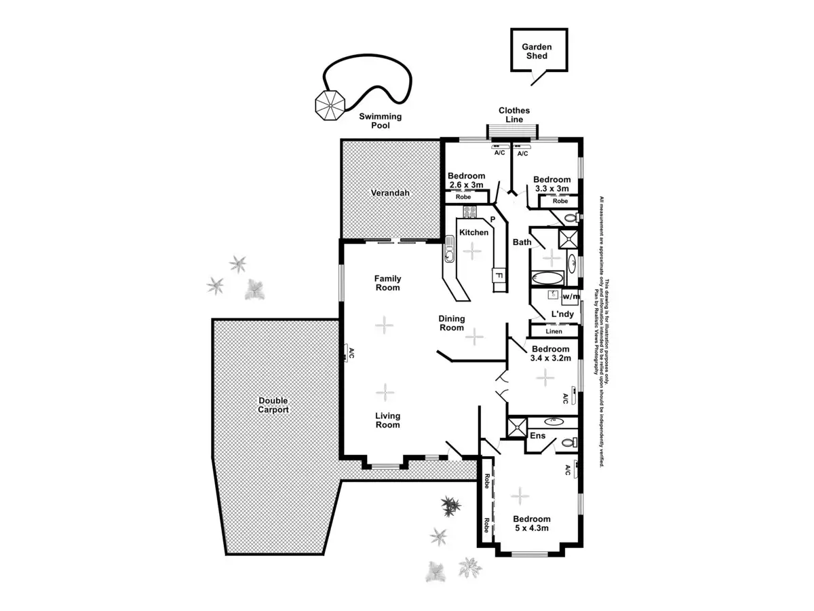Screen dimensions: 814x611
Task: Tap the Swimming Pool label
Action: pos(381,121)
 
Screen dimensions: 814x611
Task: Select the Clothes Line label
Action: pos(514,115)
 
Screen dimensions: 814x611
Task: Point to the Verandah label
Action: pos(390,193)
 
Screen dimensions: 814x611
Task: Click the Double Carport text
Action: pos(273,405)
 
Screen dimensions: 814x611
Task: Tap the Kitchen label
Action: pos(473,232)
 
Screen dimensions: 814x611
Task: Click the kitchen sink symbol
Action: pos(448,250)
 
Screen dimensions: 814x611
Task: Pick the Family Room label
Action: pos(388,283)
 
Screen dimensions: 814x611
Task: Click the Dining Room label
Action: pos(451,323)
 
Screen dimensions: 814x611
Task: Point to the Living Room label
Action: pos(388,420)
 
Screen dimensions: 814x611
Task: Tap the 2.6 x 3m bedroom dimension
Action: pos(466,185)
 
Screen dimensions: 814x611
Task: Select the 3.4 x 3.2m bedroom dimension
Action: pos(550,358)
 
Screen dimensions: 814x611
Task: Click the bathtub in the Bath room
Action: pos(547,278)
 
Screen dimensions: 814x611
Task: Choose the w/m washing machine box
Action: pos(571,297)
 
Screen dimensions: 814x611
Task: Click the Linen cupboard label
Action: pos(554,331)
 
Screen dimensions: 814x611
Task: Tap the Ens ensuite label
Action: pos(537,436)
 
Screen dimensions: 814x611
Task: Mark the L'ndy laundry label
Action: pos(562,314)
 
